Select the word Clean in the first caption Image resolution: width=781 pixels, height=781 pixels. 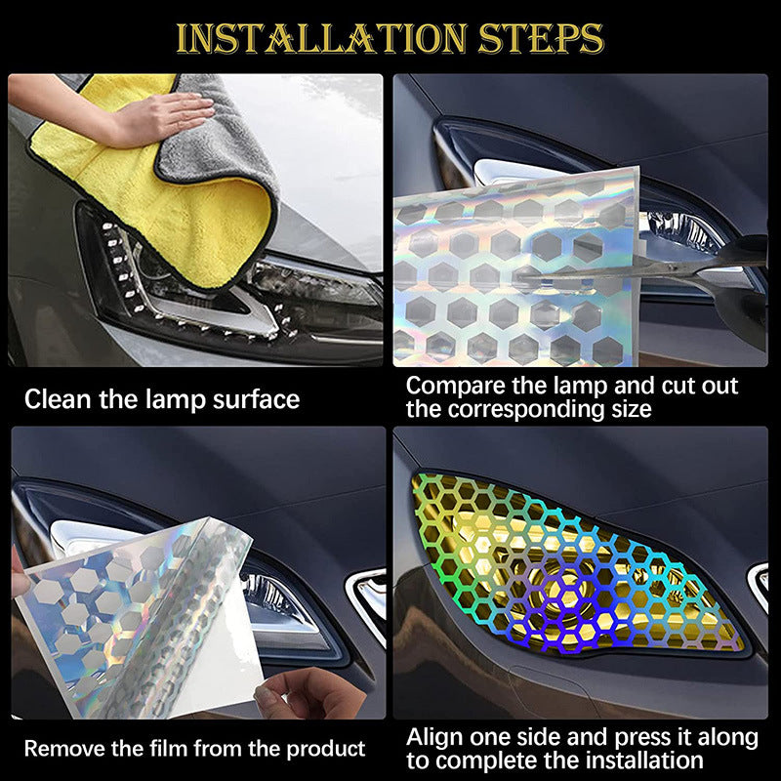[x=57, y=399]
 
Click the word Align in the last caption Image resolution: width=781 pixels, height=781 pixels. [x=433, y=736]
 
